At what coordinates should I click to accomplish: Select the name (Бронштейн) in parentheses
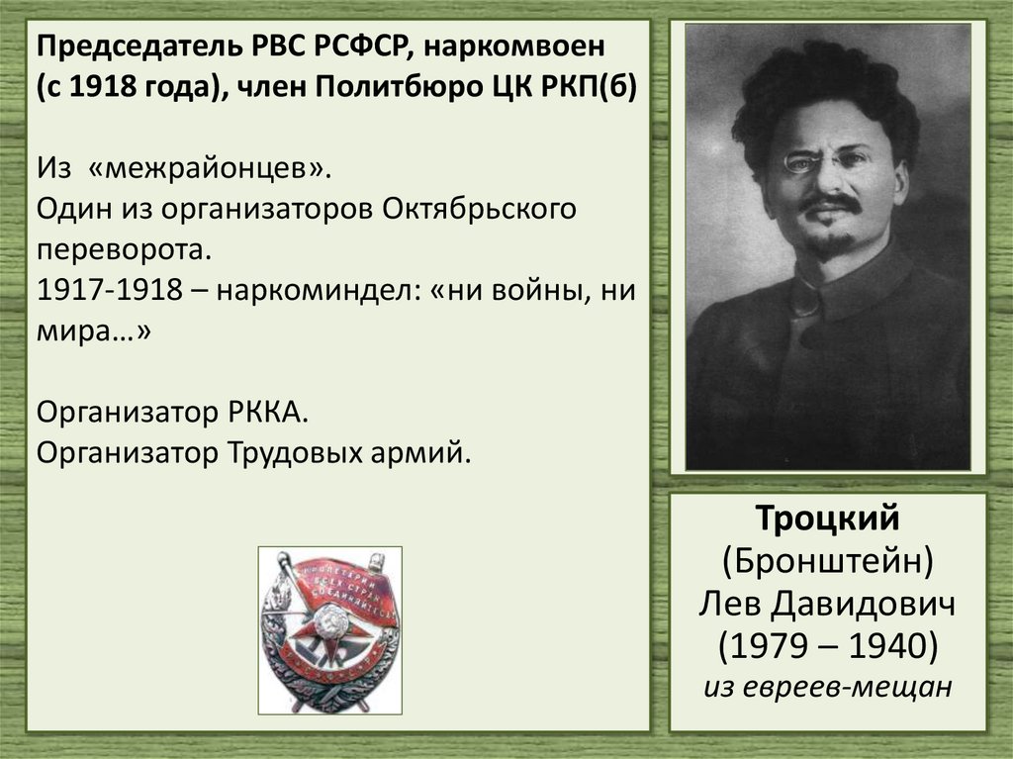(827, 560)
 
